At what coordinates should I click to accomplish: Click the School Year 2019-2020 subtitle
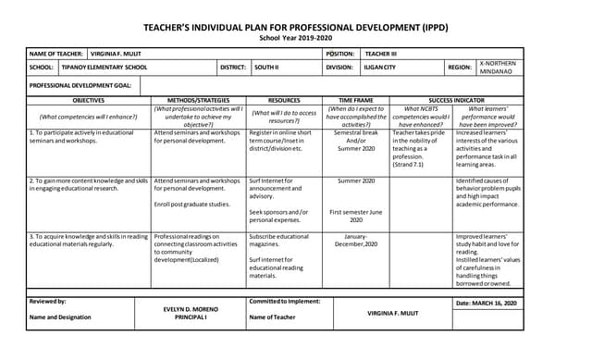point(294,40)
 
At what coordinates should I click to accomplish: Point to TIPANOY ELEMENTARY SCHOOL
point(105,68)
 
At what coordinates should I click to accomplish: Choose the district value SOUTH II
point(266,68)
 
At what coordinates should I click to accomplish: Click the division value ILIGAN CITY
point(379,68)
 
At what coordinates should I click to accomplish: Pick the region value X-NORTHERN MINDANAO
point(500,68)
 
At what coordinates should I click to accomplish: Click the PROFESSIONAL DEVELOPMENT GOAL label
point(80,85)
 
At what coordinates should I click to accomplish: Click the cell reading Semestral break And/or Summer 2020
point(355,141)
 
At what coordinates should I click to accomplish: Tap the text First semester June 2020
point(355,216)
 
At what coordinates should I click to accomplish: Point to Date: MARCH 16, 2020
point(487,303)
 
